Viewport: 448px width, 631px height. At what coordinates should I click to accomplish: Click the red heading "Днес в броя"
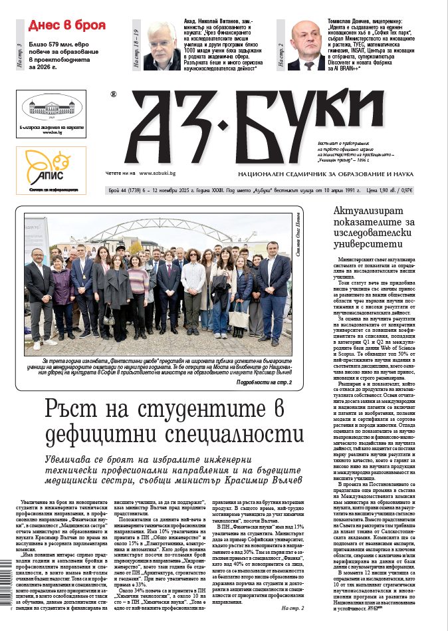[67, 25]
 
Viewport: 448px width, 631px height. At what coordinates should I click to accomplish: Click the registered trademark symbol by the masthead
[114, 94]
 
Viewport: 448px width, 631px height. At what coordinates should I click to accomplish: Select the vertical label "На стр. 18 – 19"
[136, 50]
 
